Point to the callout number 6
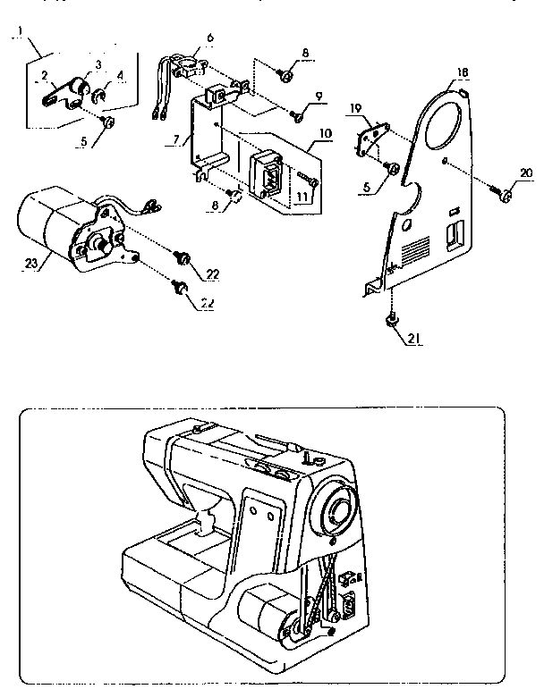pos(210,38)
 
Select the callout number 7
pos(177,140)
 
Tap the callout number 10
pos(323,133)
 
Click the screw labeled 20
pos(504,194)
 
